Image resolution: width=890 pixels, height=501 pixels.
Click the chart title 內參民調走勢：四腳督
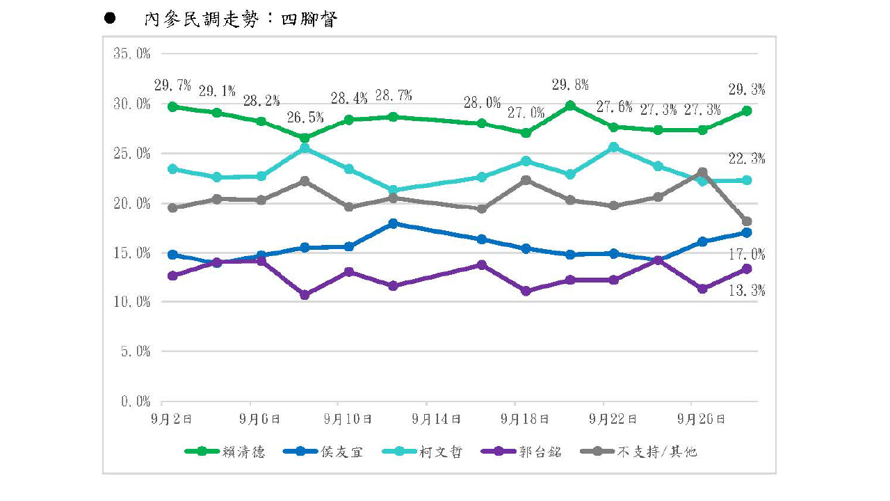tap(241, 19)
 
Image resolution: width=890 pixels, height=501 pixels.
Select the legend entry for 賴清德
tap(225, 452)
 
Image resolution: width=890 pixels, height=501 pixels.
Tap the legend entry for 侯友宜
tap(323, 452)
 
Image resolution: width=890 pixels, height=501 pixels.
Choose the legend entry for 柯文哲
tap(422, 452)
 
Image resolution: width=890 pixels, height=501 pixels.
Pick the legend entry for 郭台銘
tap(521, 452)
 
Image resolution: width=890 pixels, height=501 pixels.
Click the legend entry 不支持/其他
tap(638, 452)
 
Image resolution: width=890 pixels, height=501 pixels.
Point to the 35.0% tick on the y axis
tap(132, 54)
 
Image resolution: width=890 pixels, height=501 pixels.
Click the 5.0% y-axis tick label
tap(136, 351)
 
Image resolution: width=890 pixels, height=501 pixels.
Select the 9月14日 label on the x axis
tap(436, 419)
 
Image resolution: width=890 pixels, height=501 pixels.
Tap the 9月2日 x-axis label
tap(171, 419)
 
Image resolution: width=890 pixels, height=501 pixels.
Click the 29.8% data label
tap(570, 85)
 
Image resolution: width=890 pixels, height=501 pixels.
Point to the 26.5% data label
tap(305, 118)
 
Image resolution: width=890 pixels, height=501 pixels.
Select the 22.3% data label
tap(747, 159)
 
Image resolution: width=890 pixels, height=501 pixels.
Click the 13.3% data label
tap(747, 291)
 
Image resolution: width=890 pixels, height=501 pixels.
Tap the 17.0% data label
tap(747, 254)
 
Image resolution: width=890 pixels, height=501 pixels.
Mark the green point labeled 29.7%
tap(172, 106)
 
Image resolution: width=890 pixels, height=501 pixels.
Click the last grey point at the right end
tap(747, 221)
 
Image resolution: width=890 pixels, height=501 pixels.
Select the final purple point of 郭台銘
tap(747, 269)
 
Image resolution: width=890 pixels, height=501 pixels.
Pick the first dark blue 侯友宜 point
tap(172, 255)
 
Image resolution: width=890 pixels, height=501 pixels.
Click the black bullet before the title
tap(110, 18)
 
